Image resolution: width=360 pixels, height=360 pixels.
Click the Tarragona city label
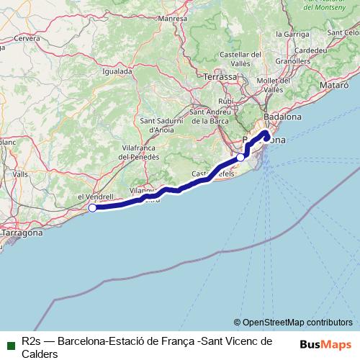(x=22, y=233)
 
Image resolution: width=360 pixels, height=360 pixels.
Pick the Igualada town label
(x=117, y=71)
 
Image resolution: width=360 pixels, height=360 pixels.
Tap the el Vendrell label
(x=95, y=196)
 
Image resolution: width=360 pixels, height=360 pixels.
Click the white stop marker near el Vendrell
(x=92, y=208)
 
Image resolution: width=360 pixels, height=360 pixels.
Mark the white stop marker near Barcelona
(x=241, y=157)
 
